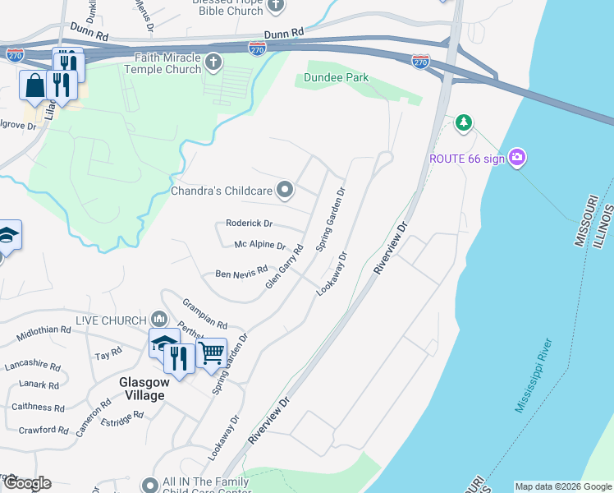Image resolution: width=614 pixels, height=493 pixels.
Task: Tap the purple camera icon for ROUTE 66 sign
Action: point(516,158)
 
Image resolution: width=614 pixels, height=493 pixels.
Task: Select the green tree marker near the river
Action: point(464,122)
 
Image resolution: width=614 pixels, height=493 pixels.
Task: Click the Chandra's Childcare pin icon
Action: point(285,191)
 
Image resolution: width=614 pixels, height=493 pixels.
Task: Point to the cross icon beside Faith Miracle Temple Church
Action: point(213,62)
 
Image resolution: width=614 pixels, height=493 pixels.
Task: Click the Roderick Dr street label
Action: point(249,223)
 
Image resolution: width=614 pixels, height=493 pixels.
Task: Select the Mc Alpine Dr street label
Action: point(259,246)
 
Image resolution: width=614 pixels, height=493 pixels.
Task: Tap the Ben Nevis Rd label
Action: point(241,272)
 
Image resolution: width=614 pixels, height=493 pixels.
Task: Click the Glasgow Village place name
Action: point(142,388)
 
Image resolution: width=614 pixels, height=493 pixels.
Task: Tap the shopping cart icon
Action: point(212,352)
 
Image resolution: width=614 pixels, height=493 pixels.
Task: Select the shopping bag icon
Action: point(35,85)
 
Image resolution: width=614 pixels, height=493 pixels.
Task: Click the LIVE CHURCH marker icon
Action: point(159,319)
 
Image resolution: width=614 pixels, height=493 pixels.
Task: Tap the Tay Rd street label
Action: point(108,354)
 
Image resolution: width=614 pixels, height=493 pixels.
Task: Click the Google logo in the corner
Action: point(26,483)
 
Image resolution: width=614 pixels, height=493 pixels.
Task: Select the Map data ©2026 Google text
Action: point(562,486)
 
